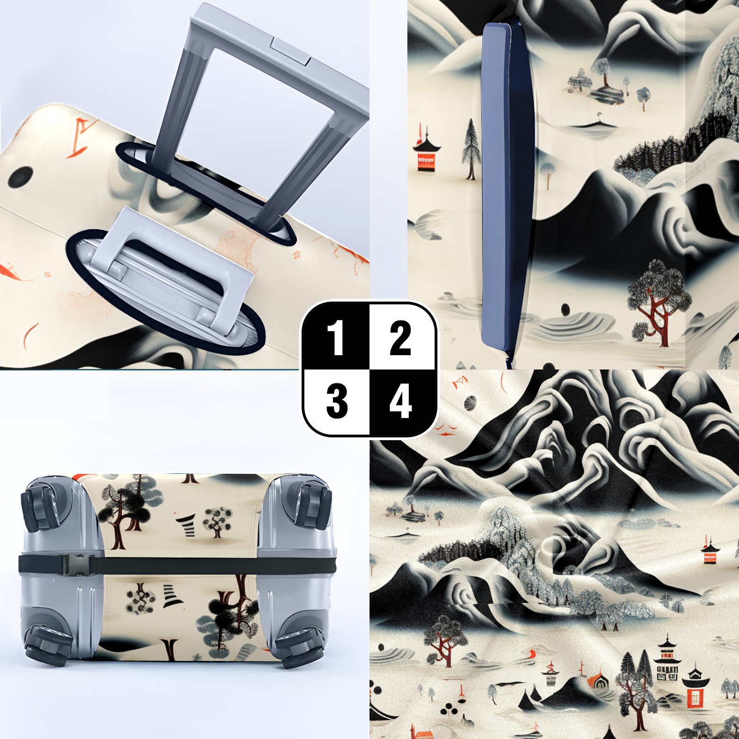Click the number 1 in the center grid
click(x=335, y=338)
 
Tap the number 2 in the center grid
click(x=400, y=338)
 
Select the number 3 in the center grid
click(x=337, y=401)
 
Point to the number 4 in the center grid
click(x=400, y=401)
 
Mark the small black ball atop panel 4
click(x=469, y=402)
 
